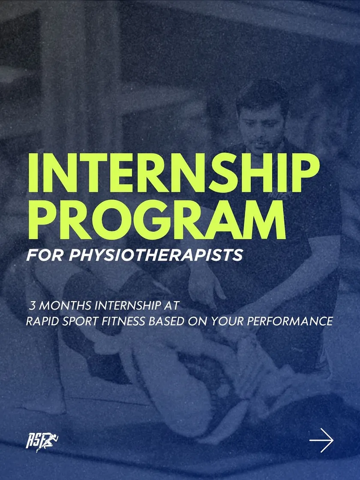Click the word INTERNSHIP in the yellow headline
point(174,173)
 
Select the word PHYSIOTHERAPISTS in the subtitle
point(156,255)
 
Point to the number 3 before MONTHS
point(33,306)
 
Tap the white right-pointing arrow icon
point(321,440)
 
